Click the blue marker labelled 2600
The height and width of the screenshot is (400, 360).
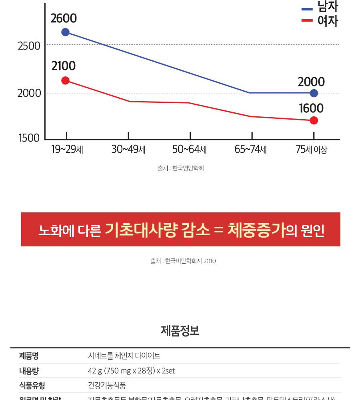click(x=65, y=32)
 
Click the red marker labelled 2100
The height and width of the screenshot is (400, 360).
click(x=65, y=80)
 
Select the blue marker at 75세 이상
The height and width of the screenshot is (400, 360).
click(x=314, y=93)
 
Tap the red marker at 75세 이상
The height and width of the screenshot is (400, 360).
click(x=314, y=120)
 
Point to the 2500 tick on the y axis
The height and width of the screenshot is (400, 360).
click(x=29, y=46)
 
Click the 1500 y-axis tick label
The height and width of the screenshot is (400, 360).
click(x=29, y=138)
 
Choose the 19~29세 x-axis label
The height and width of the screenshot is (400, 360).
click(x=67, y=150)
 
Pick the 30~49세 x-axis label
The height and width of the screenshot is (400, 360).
click(x=128, y=150)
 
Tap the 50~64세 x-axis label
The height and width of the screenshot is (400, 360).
click(x=190, y=150)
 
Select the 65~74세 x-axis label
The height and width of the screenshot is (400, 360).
click(x=251, y=150)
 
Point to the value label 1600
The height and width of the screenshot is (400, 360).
click(x=311, y=108)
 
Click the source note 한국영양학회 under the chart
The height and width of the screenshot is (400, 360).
click(x=181, y=168)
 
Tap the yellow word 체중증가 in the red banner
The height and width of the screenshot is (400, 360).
click(x=256, y=230)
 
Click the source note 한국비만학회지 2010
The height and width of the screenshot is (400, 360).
click(x=183, y=261)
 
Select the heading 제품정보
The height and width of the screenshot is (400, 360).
click(x=180, y=331)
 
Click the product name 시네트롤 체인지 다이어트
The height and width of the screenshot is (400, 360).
click(x=124, y=356)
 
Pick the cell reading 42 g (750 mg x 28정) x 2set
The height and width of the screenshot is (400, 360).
click(x=131, y=371)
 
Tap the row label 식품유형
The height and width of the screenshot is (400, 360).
click(x=32, y=386)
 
